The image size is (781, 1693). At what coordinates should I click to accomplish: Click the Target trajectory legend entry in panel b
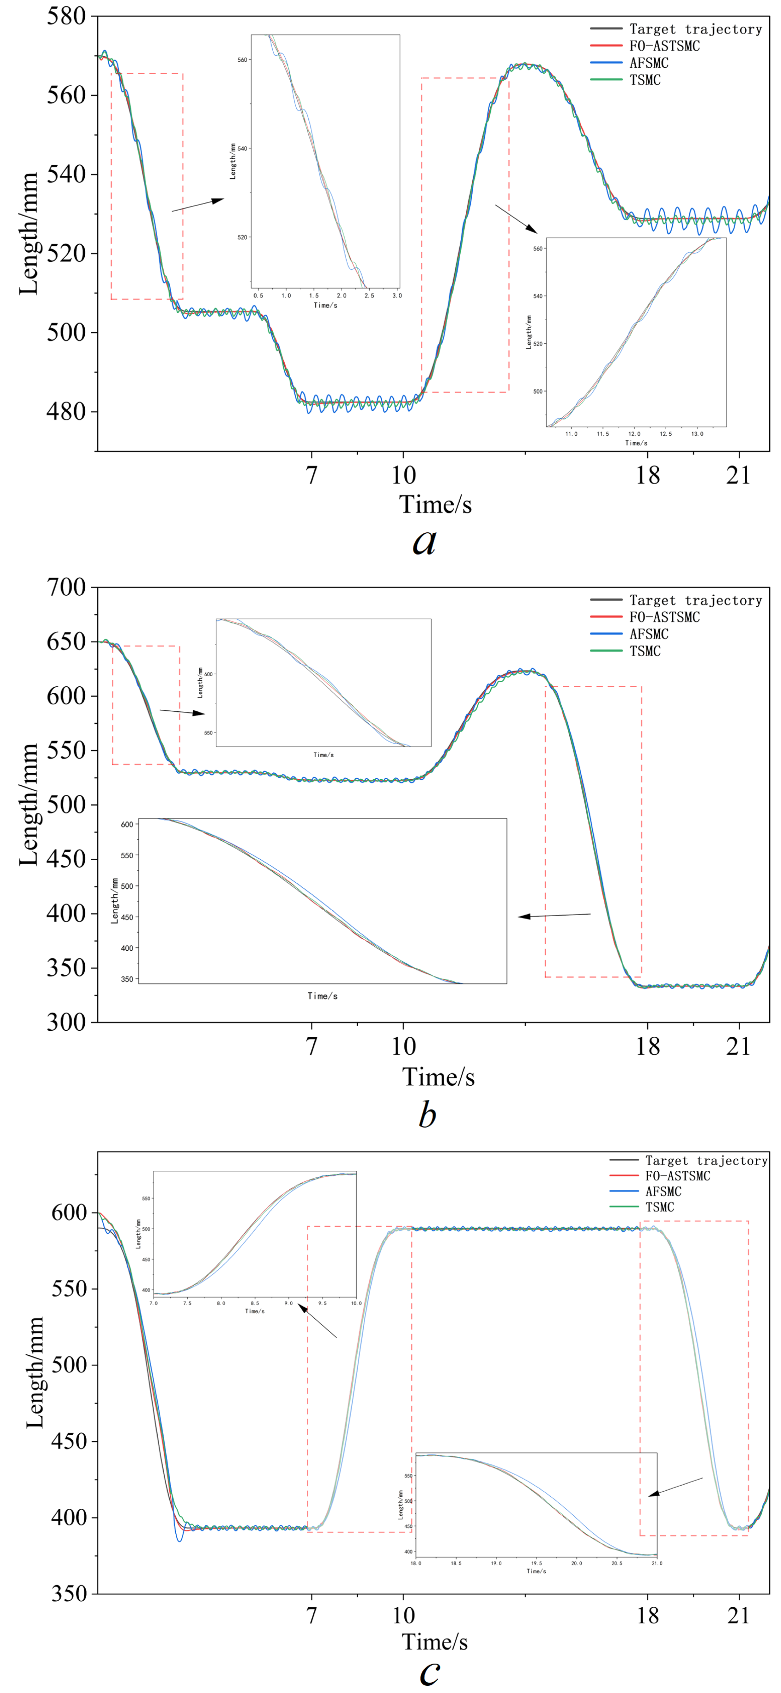coord(695,600)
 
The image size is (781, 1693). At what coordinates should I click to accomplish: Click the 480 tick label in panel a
coord(66,411)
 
